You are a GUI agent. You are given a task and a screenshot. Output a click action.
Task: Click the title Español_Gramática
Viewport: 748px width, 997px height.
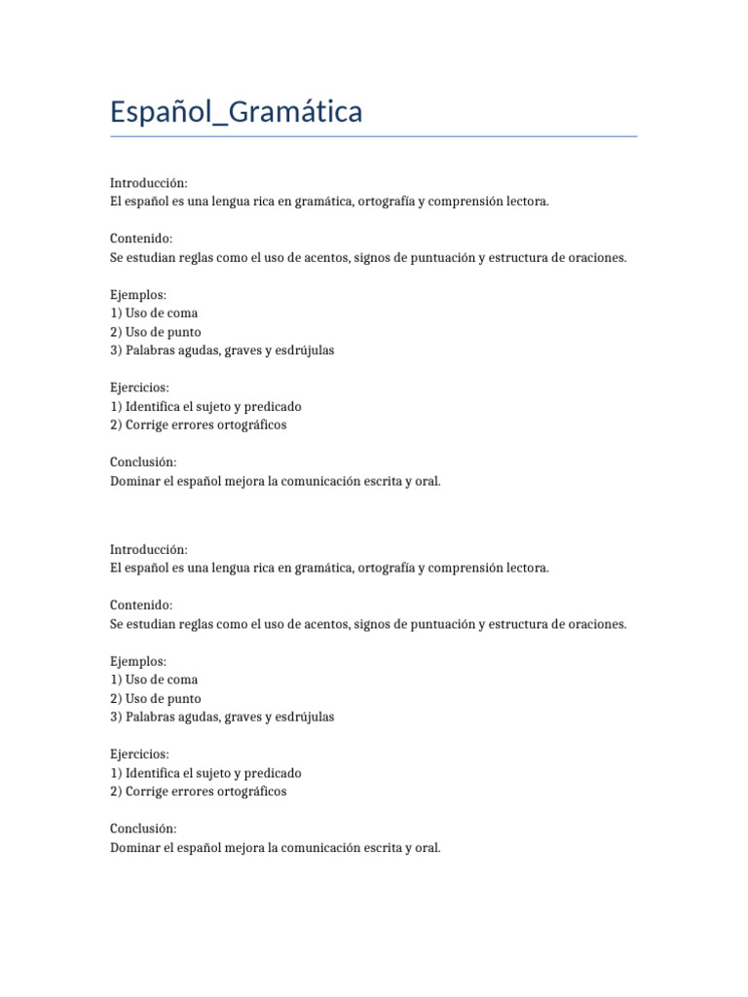point(237,112)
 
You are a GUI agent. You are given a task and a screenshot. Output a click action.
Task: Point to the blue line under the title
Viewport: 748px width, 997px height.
point(374,136)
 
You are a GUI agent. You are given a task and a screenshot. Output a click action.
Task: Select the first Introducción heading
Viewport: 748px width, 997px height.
point(149,183)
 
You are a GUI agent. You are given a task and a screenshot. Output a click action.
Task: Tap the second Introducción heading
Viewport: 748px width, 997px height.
point(149,549)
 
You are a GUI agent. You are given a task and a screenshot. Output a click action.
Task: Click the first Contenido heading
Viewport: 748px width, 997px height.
point(141,239)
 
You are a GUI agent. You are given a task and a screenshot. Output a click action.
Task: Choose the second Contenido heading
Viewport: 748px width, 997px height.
point(141,605)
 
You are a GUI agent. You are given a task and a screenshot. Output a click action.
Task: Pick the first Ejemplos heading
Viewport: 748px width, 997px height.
point(139,294)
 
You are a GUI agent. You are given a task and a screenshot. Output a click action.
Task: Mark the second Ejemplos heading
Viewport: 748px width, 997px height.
point(139,661)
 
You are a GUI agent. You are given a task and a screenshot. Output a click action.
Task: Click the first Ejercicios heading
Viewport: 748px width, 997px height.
point(140,388)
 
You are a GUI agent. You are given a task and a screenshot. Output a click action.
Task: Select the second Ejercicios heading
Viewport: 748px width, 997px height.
point(140,754)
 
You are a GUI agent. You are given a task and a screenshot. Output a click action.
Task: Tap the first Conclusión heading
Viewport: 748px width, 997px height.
point(144,462)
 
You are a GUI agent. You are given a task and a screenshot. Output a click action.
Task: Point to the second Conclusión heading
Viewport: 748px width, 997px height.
point(144,829)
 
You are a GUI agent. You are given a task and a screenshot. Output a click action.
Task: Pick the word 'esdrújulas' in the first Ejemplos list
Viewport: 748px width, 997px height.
point(304,350)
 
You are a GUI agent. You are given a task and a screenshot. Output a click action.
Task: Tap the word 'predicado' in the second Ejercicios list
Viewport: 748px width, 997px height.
point(273,772)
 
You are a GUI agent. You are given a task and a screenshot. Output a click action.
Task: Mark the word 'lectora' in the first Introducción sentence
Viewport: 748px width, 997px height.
point(526,202)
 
